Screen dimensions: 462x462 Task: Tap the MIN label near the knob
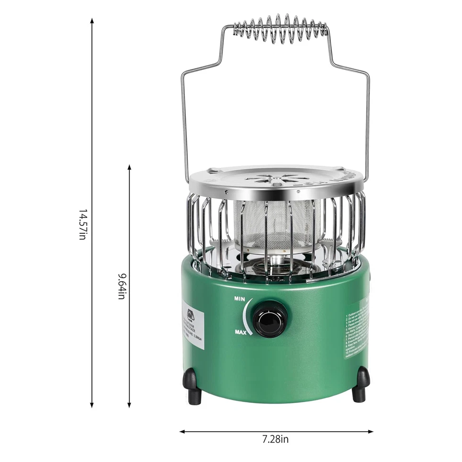(240, 299)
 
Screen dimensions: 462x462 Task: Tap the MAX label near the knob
(241, 332)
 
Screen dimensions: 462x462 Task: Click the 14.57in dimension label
(82, 224)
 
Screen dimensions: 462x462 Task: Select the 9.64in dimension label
(121, 285)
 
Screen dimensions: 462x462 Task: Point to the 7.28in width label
(275, 439)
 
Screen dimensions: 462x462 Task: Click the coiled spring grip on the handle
(280, 29)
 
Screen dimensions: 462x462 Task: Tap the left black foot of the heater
(192, 385)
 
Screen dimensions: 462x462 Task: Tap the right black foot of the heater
(361, 384)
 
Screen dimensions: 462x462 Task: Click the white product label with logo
(193, 328)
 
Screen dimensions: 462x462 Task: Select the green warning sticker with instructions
(357, 328)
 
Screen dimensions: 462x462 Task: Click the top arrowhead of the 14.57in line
(92, 20)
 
